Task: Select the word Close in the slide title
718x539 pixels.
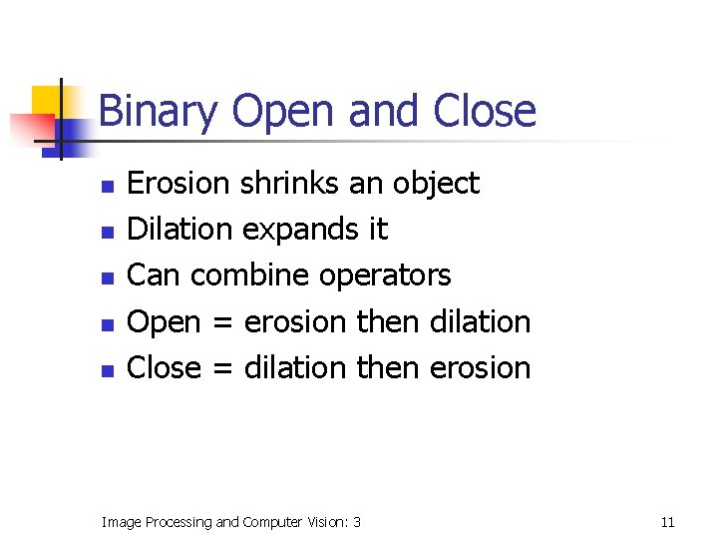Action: coord(485,111)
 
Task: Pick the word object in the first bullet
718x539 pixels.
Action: coord(435,184)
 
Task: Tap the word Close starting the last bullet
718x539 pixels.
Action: coord(166,367)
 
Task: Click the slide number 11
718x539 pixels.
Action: coord(667,521)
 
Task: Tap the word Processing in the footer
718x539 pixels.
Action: coord(176,521)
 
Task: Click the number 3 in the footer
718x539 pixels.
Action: coord(356,521)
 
